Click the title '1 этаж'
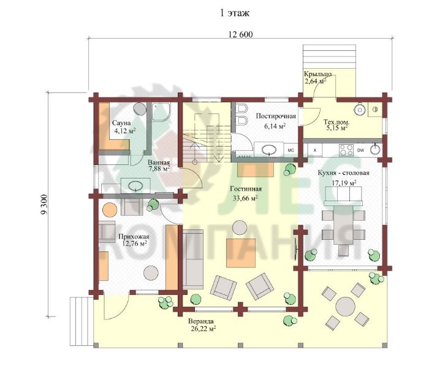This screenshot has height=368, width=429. pos(235,13)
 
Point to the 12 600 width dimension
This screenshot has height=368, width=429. pos(240,34)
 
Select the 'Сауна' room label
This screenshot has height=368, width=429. pos(121,123)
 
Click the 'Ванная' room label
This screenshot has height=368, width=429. pos(159,162)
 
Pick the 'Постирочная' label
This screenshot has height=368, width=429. pos(276,116)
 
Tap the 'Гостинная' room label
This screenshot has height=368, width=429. pos(246,189)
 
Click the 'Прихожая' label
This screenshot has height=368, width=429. pos(134,237)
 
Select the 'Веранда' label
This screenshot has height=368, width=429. pos(201,321)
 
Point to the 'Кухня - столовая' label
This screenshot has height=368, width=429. pos(343,173)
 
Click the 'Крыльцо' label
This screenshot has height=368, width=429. pos(317,74)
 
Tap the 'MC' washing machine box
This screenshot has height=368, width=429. pos(290,150)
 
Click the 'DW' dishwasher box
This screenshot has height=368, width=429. pos(360,150)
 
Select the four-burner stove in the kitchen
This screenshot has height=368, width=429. pos(346,150)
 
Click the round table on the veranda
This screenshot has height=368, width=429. pos(345,307)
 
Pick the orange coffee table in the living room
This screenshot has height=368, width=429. pos(241,253)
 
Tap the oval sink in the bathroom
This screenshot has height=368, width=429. pos(135,186)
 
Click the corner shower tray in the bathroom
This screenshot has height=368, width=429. pos(161,112)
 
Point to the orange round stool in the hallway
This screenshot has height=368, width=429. pos(110,210)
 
